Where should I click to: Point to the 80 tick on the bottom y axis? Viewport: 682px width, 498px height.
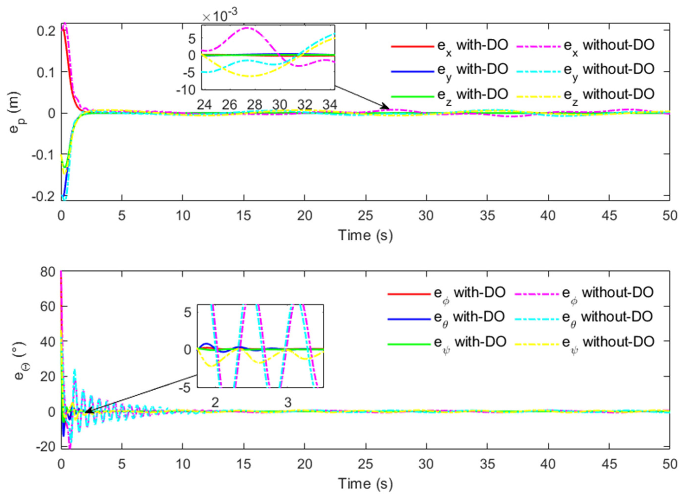coord(48,272)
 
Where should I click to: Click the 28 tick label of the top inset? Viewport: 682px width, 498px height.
coord(254,105)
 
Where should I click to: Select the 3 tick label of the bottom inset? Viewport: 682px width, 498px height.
coord(288,402)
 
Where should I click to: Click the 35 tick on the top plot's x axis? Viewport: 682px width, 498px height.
coord(487,216)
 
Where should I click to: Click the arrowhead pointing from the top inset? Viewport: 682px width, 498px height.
coord(387,107)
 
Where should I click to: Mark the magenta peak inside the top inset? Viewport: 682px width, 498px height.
coord(247,28)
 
